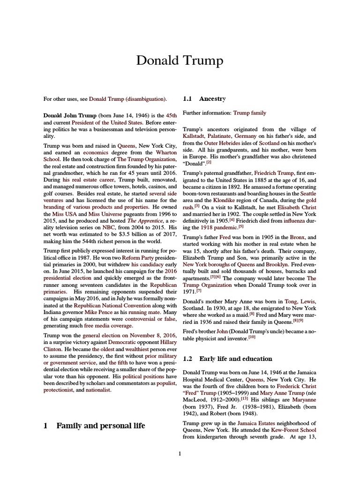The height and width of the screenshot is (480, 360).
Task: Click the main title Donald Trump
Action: coord(180,61)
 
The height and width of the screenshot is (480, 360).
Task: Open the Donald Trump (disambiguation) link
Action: coord(127,99)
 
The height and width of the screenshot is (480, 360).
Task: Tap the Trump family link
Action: coord(249,113)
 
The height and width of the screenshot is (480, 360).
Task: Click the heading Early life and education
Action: coord(235,359)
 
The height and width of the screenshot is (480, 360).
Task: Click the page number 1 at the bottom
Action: coord(180,453)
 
